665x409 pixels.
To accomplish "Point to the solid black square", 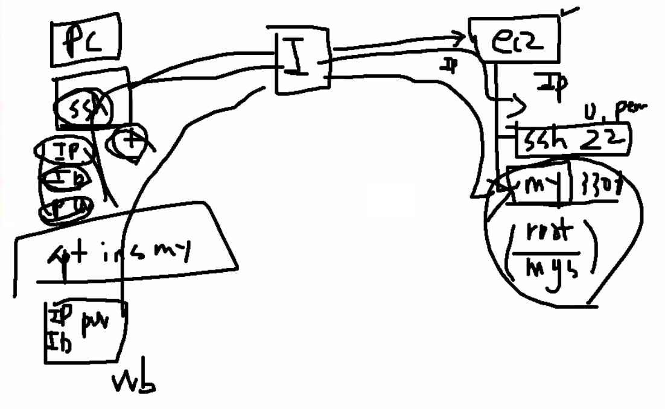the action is click(x=390, y=200).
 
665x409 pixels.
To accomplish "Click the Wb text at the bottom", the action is click(x=134, y=382).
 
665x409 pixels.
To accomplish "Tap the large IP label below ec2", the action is click(x=553, y=84).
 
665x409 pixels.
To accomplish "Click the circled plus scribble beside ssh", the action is click(x=129, y=142).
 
